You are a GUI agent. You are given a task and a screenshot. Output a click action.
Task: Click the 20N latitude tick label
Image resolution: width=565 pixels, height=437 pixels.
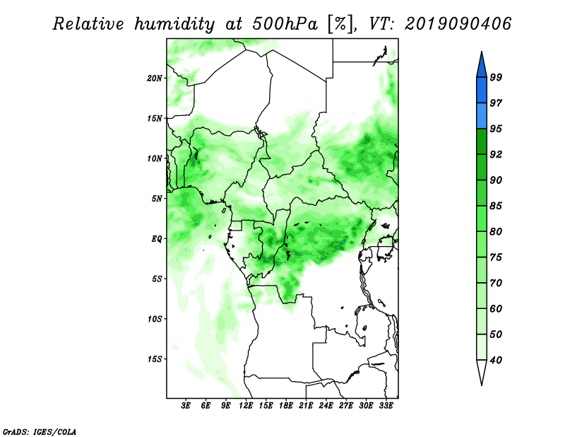155,78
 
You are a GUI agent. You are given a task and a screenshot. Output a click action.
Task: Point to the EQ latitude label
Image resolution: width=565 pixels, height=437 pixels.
156,239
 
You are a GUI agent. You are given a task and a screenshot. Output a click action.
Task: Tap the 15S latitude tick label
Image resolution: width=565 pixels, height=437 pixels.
155,359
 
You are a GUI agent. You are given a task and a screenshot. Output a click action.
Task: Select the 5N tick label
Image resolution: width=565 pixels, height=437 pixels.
157,199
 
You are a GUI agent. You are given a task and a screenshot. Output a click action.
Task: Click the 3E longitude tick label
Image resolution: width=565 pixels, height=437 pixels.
186,406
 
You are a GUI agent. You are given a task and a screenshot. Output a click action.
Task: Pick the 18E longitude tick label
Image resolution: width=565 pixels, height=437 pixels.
286,406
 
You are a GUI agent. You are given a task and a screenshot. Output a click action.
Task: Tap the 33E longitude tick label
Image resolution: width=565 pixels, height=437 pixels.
386,406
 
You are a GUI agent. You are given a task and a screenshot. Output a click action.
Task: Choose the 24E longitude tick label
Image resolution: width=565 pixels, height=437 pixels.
326,406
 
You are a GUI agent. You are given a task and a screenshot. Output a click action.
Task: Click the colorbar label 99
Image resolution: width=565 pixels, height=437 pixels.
496,77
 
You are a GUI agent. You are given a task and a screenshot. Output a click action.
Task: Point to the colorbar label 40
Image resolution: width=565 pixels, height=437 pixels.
496,360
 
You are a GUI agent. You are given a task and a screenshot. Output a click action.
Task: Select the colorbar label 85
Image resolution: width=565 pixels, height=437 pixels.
496,206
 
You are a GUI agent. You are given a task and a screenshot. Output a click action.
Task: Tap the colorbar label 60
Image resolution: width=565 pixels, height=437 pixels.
496,309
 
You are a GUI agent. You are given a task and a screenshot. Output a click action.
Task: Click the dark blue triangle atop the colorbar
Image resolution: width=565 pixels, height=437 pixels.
482,66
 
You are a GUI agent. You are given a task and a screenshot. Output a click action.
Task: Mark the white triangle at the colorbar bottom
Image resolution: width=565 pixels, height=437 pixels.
482,371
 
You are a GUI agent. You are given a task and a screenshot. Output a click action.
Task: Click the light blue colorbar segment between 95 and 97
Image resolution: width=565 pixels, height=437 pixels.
482,116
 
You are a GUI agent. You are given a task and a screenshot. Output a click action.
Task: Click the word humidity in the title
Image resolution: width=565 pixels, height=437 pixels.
174,24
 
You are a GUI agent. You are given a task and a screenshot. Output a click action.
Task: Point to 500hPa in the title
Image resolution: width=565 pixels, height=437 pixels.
285,24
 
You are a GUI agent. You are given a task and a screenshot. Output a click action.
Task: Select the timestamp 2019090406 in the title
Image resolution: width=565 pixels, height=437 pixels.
458,24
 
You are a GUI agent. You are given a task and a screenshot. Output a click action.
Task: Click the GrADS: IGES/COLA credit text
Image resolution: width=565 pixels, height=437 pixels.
40,432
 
